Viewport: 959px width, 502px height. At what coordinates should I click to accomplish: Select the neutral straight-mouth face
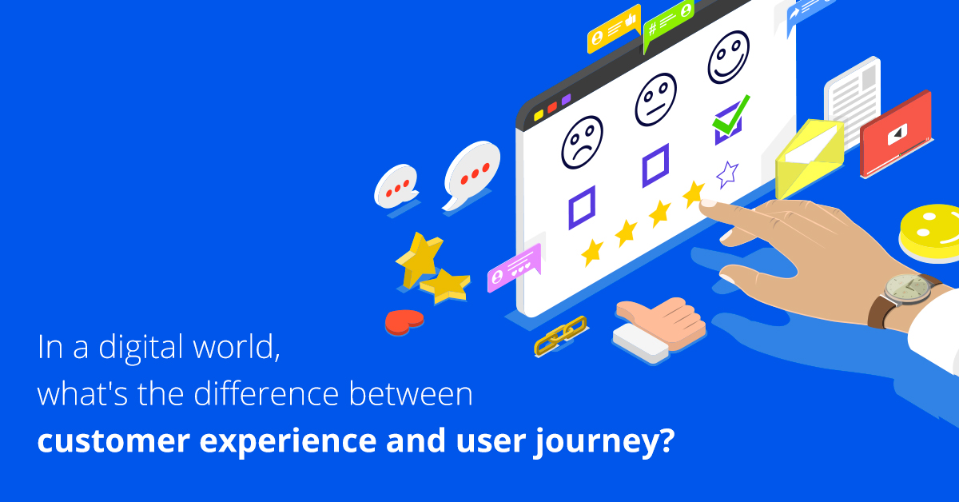(655, 99)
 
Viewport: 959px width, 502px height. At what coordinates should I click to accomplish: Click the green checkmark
(732, 115)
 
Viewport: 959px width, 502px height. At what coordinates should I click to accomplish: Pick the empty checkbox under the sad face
(582, 206)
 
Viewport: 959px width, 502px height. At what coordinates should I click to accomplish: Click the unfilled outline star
(726, 173)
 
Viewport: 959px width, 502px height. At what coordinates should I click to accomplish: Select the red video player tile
(895, 133)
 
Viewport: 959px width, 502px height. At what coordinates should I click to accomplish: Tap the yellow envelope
(808, 158)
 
